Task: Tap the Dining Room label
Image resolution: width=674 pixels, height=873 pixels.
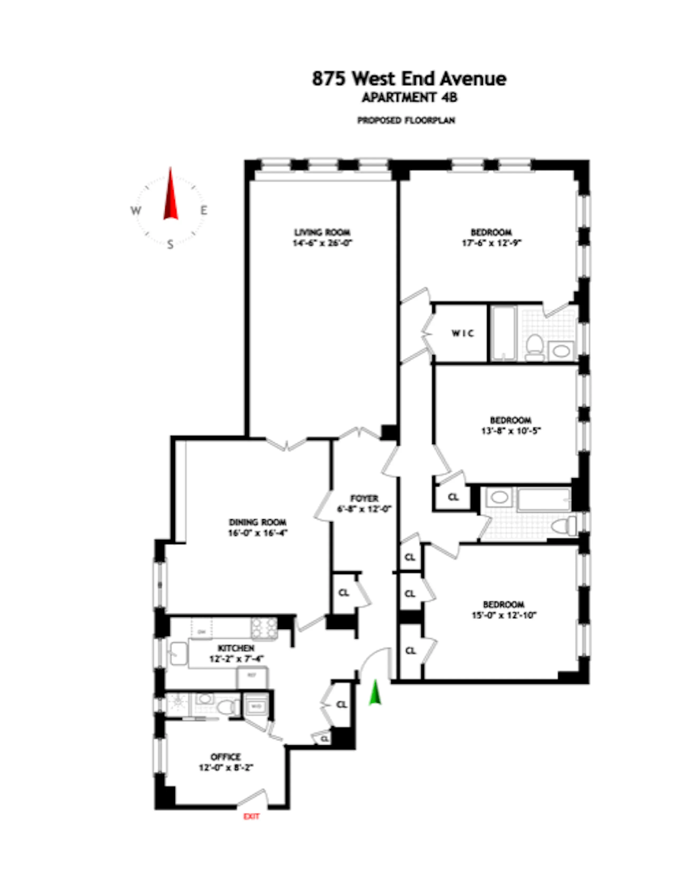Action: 257,522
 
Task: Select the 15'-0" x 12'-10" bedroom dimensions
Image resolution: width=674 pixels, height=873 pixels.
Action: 504,615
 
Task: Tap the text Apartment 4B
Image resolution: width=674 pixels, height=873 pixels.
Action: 409,98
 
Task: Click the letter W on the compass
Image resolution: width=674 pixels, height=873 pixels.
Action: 136,211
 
